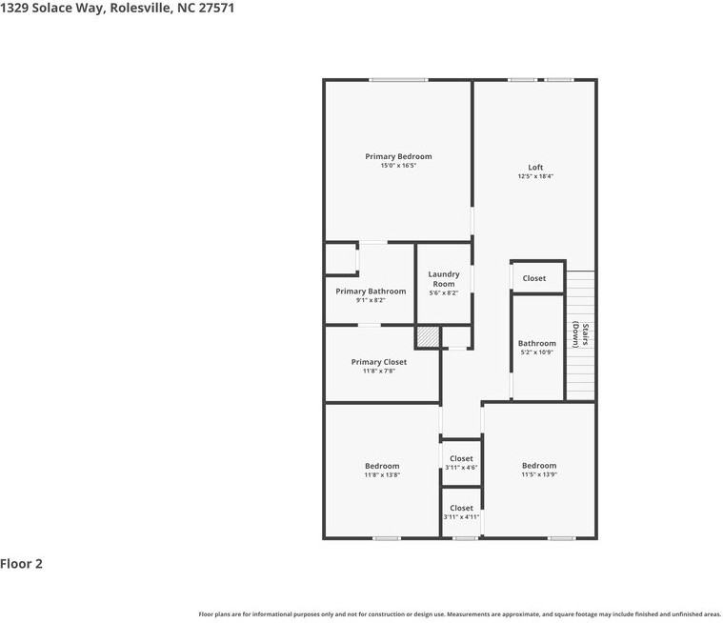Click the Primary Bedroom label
click(x=398, y=156)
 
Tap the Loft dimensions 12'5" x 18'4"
click(x=535, y=176)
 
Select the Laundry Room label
click(x=444, y=279)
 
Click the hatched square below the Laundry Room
click(x=428, y=337)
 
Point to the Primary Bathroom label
click(x=371, y=291)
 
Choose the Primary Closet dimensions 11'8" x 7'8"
click(x=378, y=371)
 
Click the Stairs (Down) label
click(x=580, y=335)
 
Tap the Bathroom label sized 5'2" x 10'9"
click(x=537, y=343)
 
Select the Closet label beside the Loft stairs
click(x=534, y=278)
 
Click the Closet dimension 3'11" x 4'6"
click(x=461, y=468)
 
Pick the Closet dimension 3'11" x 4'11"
click(x=461, y=517)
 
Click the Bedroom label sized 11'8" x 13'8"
click(x=382, y=466)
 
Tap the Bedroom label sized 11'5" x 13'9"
click(x=539, y=466)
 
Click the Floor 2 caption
click(x=22, y=564)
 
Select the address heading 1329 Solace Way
click(x=118, y=8)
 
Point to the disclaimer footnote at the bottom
click(x=459, y=614)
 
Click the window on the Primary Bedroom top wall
click(x=398, y=80)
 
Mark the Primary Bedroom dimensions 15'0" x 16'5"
click(x=398, y=166)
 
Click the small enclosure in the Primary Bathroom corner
click(x=341, y=259)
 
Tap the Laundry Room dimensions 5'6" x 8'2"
click(x=444, y=293)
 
